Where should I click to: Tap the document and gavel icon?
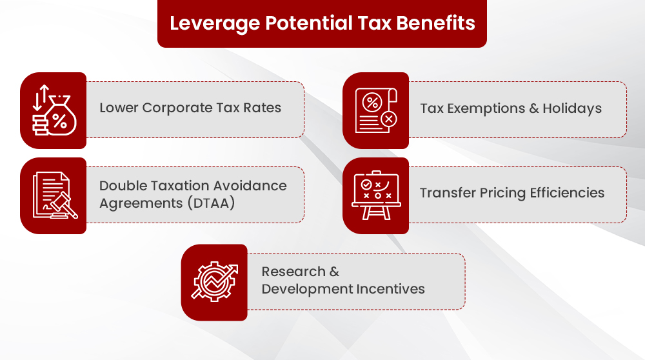[x=54, y=195]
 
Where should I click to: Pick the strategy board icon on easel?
[x=375, y=195]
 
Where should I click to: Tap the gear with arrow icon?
[x=214, y=282]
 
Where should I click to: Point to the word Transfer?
[x=447, y=193]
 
